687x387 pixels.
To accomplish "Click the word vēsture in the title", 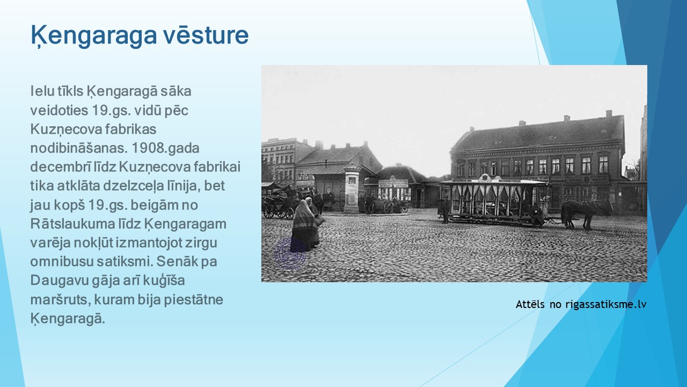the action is point(205,35).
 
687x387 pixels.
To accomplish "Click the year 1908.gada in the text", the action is point(165,148).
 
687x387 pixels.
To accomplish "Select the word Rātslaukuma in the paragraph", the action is point(72,224).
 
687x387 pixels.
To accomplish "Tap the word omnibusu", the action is point(61,261).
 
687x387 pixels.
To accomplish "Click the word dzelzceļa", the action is point(129,187).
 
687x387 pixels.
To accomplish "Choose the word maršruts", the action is point(60,300).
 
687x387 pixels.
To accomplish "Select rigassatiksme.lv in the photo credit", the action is point(606,304).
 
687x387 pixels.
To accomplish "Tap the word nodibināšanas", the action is point(78,148).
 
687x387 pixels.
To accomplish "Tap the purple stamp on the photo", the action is point(289,253).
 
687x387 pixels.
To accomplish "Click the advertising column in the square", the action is point(352,190).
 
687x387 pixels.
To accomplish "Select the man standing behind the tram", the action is point(445,210).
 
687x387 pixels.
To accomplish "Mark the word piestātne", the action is point(193,300).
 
